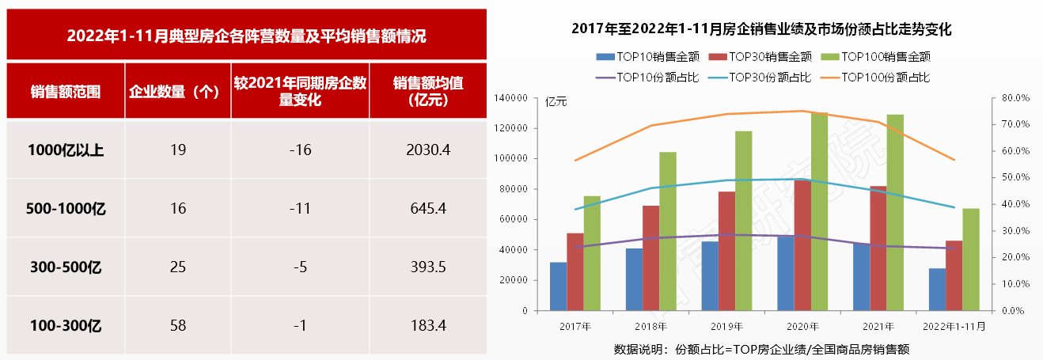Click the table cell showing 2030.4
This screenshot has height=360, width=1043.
427,150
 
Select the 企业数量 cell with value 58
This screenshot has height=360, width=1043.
178,325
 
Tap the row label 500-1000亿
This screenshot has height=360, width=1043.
66,209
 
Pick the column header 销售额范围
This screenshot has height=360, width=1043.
66,91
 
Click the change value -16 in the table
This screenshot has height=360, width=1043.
300,150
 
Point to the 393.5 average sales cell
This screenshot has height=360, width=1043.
427,267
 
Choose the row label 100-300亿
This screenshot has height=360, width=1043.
66,325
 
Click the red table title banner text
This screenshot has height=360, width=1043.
246,36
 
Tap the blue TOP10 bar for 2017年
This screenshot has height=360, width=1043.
559,286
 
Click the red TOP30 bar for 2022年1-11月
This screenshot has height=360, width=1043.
954,275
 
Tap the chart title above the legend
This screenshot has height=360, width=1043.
760,29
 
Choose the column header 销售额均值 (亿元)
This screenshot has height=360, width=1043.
427,91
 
